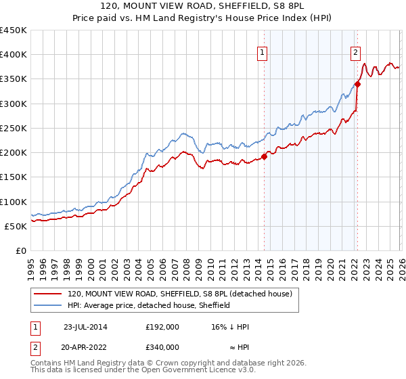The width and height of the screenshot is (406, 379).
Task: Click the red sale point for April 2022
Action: tap(357, 84)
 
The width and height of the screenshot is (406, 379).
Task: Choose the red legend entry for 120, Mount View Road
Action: tap(179, 294)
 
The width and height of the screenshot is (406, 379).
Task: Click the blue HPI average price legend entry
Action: tap(149, 305)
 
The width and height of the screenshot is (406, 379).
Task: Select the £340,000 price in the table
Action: tap(162, 347)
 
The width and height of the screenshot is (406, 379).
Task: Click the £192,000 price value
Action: tap(162, 326)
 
